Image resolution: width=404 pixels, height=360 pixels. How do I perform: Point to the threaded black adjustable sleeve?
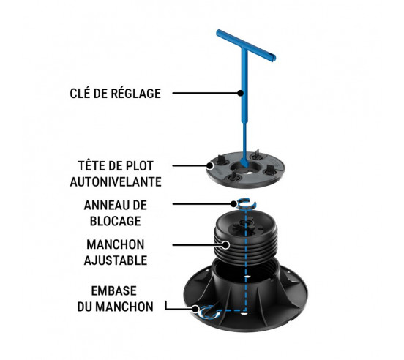[249, 241]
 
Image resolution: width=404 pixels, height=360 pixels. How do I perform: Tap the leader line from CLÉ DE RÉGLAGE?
[203, 93]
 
